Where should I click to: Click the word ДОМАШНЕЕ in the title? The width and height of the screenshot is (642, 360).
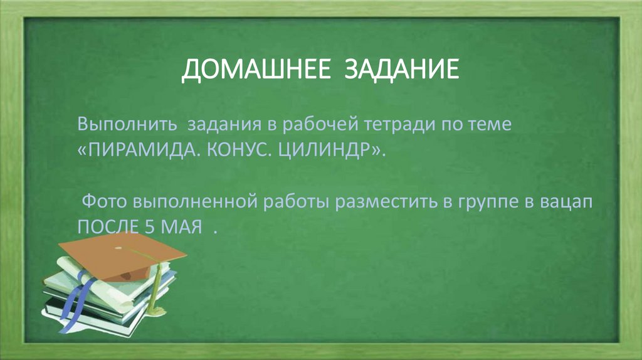(256, 70)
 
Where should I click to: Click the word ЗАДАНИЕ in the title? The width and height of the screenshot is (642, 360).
(401, 70)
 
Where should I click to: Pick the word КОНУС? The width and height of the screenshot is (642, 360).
(238, 151)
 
